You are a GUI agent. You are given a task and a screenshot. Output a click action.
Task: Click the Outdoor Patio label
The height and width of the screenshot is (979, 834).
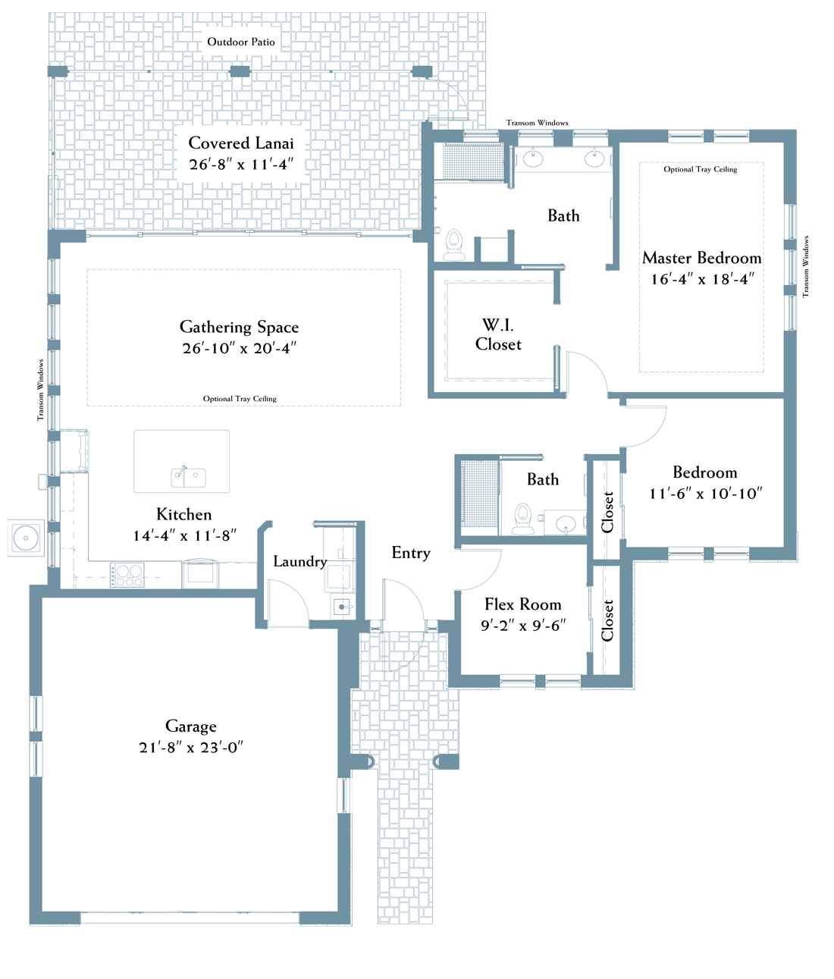click(x=241, y=42)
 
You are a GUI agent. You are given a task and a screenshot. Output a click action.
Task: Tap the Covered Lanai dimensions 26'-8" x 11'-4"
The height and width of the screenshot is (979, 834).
click(x=241, y=165)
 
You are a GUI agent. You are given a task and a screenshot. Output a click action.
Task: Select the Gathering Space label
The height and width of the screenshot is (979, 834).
click(x=239, y=327)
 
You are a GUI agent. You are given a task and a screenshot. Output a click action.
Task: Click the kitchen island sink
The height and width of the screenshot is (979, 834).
click(x=189, y=477)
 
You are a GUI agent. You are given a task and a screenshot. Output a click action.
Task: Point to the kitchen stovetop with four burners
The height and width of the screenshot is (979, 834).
click(x=127, y=575)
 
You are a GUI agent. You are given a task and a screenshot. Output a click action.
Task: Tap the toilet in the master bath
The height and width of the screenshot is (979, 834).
click(x=454, y=244)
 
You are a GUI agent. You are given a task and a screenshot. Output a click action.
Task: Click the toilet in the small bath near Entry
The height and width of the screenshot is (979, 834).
click(x=523, y=519)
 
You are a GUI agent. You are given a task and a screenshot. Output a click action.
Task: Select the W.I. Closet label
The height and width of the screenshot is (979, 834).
click(x=498, y=335)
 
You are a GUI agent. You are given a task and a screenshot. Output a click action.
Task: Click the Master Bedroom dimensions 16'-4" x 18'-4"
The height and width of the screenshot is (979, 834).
click(x=702, y=279)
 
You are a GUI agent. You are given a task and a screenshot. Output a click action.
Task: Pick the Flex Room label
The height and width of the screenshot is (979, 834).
click(x=523, y=604)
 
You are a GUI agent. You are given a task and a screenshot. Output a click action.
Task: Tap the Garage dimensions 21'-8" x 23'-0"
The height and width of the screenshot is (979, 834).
click(x=191, y=748)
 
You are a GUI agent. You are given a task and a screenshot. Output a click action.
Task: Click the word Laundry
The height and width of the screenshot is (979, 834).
click(x=300, y=562)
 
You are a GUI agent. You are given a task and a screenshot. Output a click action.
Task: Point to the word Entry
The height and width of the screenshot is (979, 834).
click(x=411, y=553)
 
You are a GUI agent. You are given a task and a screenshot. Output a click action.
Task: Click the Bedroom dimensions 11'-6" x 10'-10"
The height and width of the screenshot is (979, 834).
click(x=706, y=494)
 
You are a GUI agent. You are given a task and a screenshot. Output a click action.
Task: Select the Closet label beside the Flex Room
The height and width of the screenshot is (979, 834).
click(x=607, y=621)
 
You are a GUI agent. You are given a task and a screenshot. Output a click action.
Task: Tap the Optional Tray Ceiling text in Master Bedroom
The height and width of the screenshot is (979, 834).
click(x=701, y=169)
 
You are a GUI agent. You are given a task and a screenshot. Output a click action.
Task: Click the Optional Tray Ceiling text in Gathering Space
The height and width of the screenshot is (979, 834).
click(x=240, y=399)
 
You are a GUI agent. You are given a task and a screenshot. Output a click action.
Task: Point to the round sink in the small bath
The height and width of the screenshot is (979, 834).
click(x=566, y=524)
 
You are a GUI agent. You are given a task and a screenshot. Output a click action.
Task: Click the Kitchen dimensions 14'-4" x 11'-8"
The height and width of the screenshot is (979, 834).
click(x=185, y=535)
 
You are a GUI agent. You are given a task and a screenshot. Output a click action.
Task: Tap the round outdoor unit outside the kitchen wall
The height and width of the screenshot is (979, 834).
click(x=26, y=538)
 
